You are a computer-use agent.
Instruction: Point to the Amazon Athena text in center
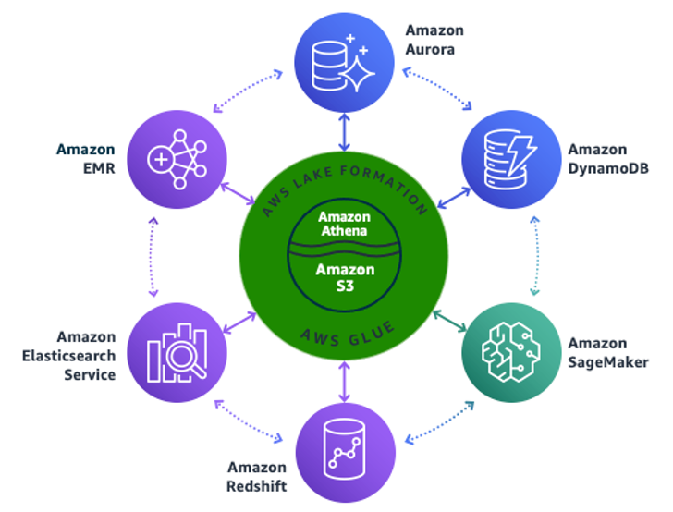[x=345, y=223]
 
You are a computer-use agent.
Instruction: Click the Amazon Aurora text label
[x=434, y=40]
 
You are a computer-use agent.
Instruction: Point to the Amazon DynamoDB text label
[x=596, y=158]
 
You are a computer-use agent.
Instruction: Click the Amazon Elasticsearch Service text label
[x=86, y=356]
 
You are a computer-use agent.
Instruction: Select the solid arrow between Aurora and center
[x=345, y=132]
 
